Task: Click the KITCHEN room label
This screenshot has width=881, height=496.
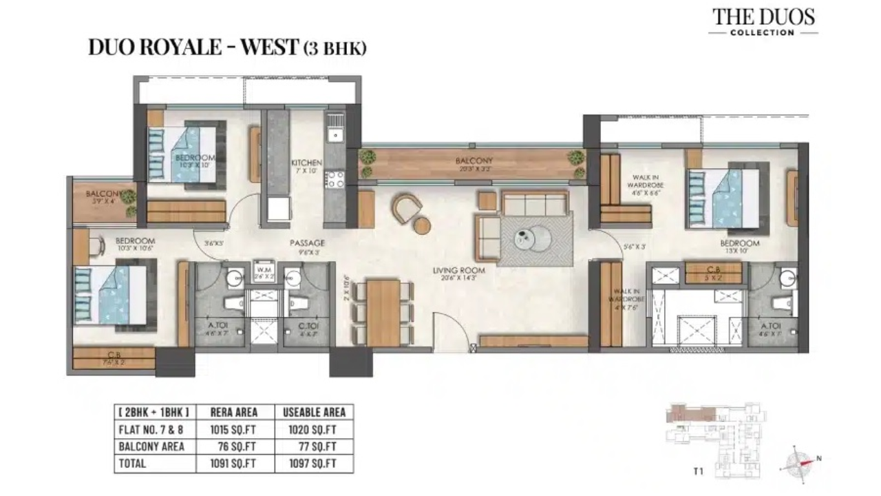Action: (x=306, y=163)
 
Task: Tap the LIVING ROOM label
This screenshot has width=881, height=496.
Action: (x=455, y=270)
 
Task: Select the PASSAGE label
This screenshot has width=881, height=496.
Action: (x=307, y=243)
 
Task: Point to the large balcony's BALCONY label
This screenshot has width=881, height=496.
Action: (x=474, y=161)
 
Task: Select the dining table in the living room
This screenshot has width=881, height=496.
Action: (x=383, y=313)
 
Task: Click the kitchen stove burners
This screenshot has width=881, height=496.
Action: (x=335, y=179)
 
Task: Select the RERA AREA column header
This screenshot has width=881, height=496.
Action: (x=235, y=412)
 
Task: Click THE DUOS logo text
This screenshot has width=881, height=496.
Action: (x=763, y=17)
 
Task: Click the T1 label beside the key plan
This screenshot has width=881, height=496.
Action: (x=698, y=472)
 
